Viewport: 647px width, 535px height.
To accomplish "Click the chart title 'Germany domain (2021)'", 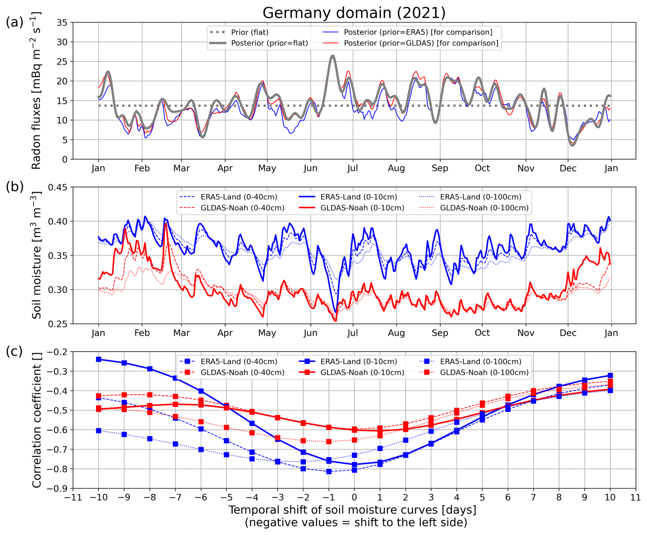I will point(354,13).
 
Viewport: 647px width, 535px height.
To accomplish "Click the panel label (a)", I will point(14,22).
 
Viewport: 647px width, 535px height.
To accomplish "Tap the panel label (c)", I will point(14,352).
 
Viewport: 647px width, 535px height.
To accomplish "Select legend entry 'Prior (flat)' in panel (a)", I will point(250,32).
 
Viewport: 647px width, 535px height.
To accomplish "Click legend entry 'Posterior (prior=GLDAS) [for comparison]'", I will point(421,43).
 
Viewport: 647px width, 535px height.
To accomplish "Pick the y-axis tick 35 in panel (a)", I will point(62,23).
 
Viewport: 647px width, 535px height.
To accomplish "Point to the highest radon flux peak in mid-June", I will point(332,56).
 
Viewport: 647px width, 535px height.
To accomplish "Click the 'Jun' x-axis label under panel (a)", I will point(311,168).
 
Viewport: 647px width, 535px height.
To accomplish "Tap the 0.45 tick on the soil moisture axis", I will point(58,188).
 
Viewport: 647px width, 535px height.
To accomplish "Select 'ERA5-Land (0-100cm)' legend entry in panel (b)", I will point(480,197).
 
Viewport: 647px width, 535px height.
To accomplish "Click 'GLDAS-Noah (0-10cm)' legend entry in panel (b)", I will point(362,208).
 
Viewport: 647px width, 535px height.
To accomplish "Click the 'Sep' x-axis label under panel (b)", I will point(440,333).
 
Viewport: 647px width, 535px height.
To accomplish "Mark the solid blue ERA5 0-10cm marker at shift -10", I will point(99,359).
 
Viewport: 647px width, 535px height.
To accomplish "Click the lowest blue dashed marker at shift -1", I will point(329,472).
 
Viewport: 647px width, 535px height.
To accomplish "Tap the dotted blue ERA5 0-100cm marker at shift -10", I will point(99,431).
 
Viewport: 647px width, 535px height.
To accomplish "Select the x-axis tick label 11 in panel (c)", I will point(635,497).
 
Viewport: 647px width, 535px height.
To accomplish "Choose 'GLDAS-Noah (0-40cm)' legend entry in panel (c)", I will point(242,373).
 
